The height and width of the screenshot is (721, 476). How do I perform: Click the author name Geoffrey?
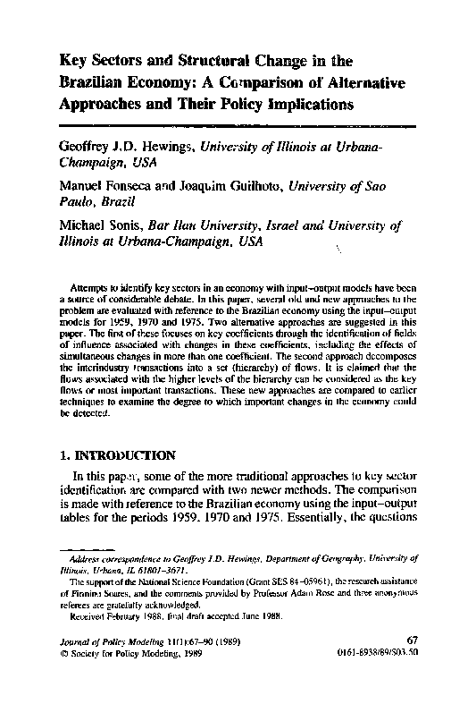click(88, 146)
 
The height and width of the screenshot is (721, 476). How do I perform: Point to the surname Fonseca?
click(139, 187)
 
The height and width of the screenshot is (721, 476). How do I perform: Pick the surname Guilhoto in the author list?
click(253, 187)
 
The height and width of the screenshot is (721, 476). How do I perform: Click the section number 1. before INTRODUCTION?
click(63, 453)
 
